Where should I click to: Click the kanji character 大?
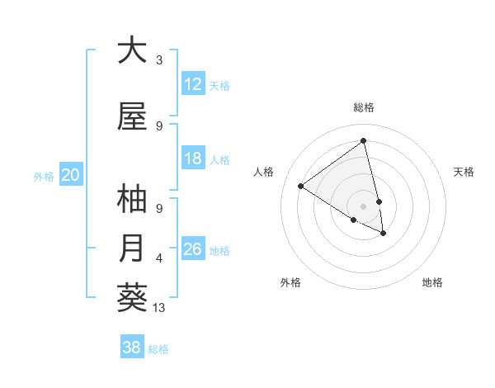coord(132,50)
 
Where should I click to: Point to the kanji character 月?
coord(132,248)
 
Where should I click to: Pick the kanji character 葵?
coord(132,297)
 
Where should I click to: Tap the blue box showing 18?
coord(193,159)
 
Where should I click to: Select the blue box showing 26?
coord(193,249)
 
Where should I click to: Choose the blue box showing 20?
coord(70,174)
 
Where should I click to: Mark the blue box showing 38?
coord(132,348)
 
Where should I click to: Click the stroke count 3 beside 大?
coord(159,60)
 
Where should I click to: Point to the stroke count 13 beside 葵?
coord(160,308)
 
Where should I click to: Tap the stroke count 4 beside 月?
coord(159,258)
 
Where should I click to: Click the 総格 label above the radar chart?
coord(363,107)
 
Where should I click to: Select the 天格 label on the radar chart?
coord(464,172)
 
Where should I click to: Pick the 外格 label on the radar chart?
coord(290,282)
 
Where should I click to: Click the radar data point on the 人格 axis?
coord(301,186)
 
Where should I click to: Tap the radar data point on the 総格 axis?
coord(363,140)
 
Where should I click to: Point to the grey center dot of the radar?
coord(363,206)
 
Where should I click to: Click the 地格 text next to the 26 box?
coord(219,250)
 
